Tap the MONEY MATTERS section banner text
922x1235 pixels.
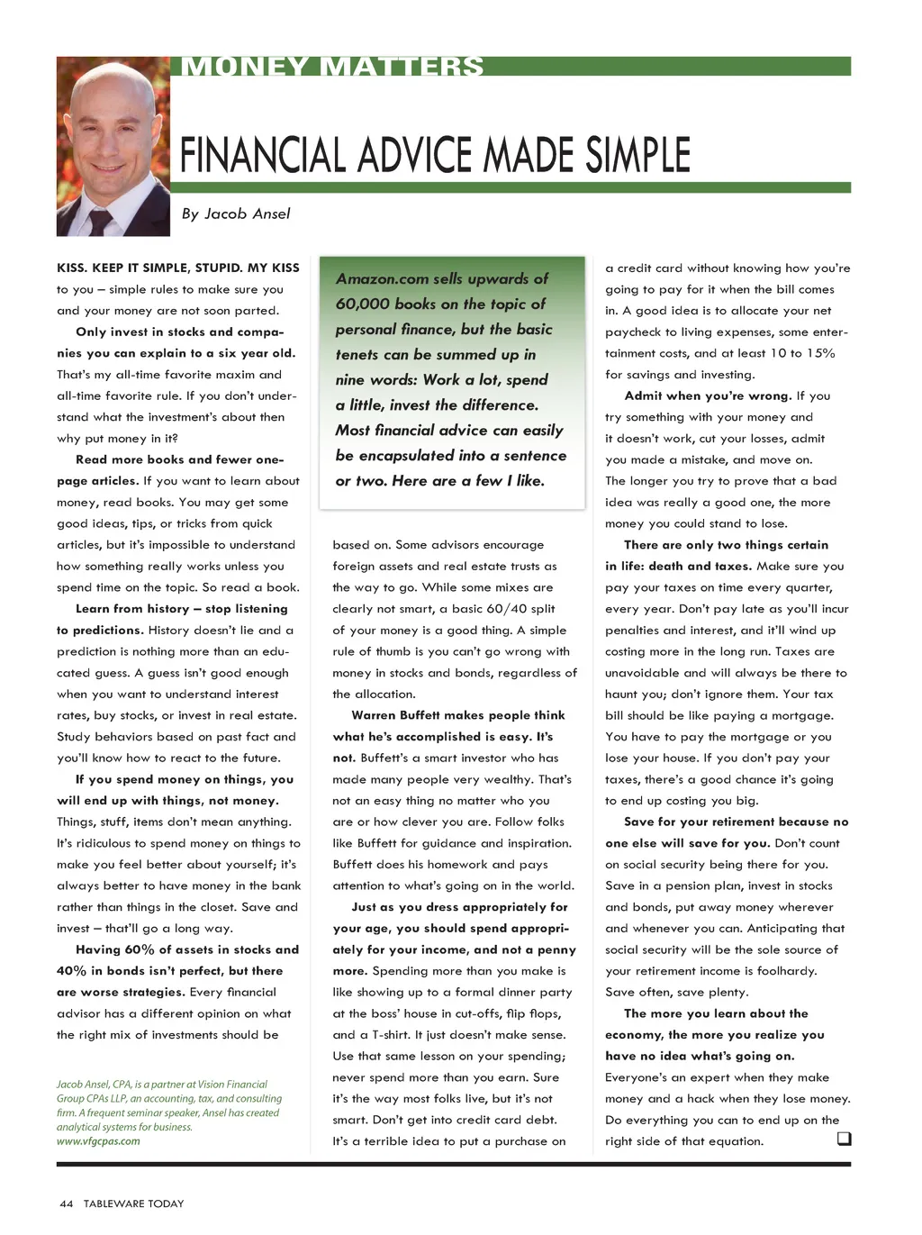click(332, 67)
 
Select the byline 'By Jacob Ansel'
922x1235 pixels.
click(236, 213)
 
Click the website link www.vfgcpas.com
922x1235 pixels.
click(98, 1141)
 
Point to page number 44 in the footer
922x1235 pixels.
click(66, 1203)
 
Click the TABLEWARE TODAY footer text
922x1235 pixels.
click(133, 1203)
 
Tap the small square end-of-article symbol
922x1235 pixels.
click(844, 1139)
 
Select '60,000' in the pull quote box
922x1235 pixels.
click(364, 304)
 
